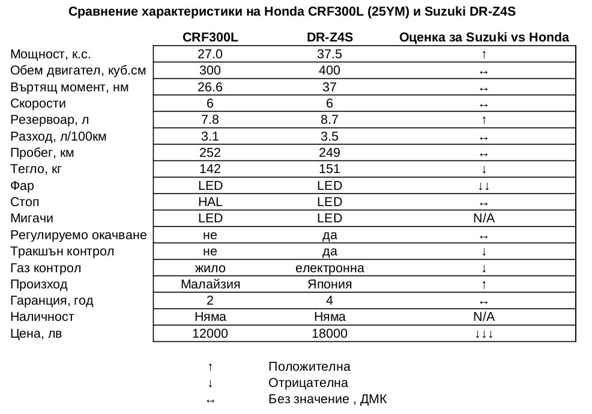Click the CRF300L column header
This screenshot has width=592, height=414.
(210, 37)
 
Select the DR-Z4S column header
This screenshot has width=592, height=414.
(329, 37)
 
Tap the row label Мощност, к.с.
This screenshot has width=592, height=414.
(50, 54)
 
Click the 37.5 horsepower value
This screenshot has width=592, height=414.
(329, 54)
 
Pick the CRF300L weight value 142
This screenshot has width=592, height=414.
(210, 169)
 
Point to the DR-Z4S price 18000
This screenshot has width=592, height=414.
(329, 333)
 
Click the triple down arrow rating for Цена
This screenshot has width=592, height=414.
(484, 333)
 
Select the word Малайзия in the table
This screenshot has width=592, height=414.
(210, 284)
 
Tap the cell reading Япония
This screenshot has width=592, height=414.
(329, 284)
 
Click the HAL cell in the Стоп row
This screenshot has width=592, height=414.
(210, 202)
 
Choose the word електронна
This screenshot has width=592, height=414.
(329, 267)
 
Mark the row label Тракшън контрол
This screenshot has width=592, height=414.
(62, 251)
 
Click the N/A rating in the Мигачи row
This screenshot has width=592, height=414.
(484, 218)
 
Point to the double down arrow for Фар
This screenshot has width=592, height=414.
(484, 186)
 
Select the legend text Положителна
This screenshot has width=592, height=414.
(309, 367)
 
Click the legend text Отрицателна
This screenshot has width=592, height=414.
(308, 383)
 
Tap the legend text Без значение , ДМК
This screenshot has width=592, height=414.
(328, 399)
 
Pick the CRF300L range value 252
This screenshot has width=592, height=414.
(210, 153)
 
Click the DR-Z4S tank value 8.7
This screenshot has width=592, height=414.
(329, 120)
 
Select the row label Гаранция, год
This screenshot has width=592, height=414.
(52, 300)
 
